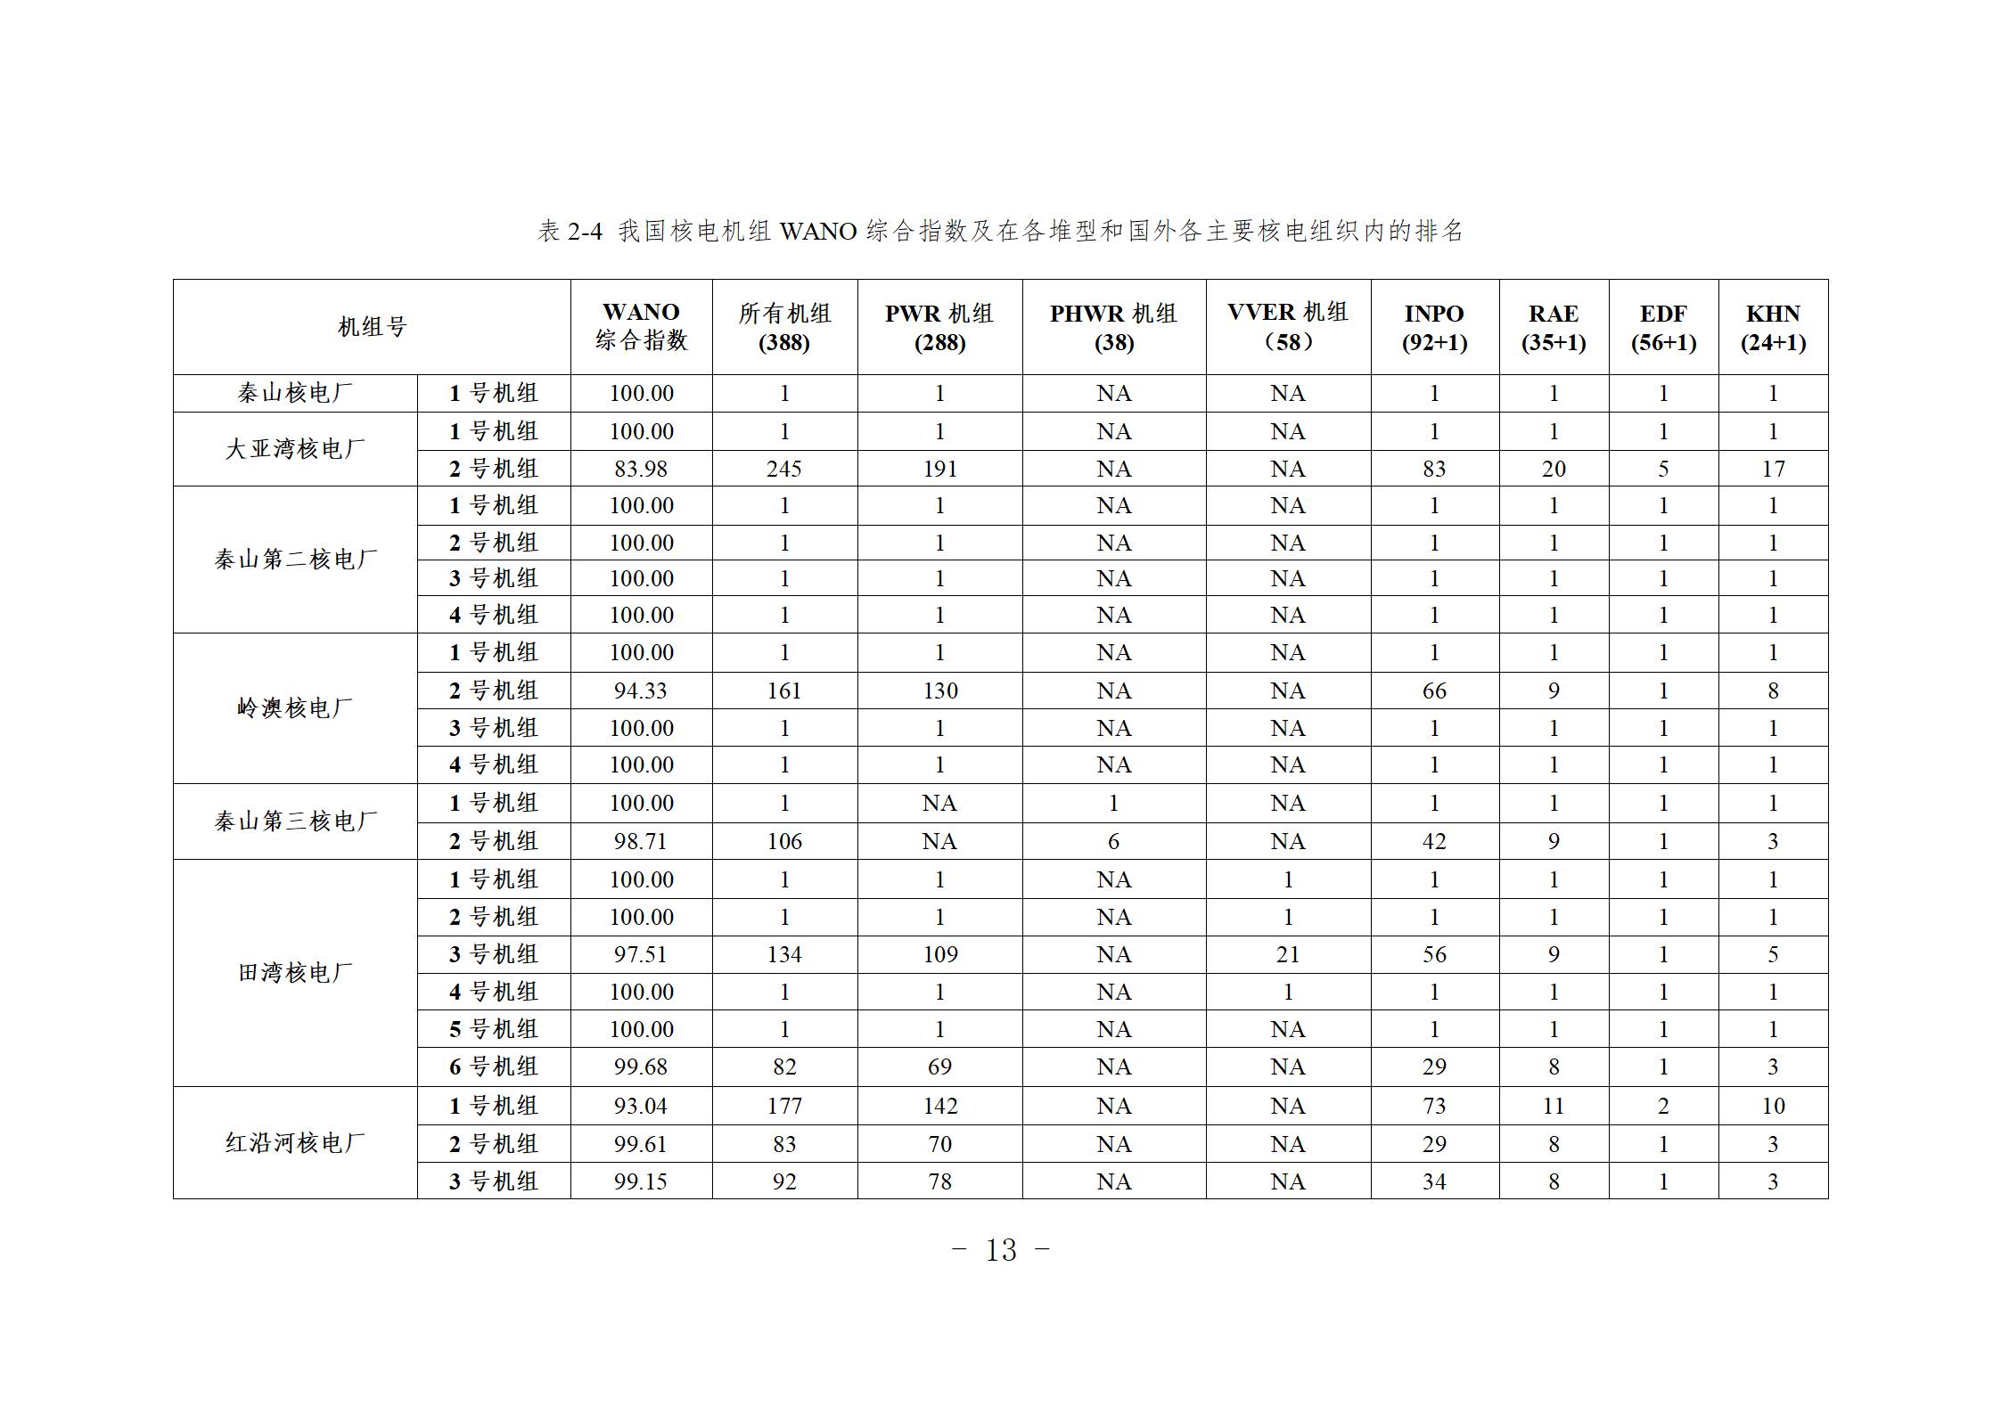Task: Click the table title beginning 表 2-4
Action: point(1000,232)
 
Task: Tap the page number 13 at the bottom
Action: point(1001,1250)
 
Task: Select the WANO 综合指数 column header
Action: point(641,326)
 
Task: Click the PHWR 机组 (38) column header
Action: point(1113,327)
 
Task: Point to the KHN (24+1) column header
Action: point(1772,327)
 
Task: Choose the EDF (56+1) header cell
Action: point(1662,327)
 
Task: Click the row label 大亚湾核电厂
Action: point(295,449)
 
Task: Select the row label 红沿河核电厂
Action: point(295,1143)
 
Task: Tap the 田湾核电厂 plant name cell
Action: point(295,973)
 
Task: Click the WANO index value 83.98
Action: point(641,469)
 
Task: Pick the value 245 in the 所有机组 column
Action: point(784,469)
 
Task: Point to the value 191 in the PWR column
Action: point(939,469)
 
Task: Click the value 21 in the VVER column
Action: point(1287,954)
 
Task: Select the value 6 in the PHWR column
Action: point(1113,841)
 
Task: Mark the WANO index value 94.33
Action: point(641,691)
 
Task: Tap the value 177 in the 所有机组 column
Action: point(784,1106)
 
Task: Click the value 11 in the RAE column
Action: point(1554,1106)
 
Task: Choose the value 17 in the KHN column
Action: point(1773,469)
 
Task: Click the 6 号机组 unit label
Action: point(493,1067)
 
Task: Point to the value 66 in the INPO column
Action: point(1434,691)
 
